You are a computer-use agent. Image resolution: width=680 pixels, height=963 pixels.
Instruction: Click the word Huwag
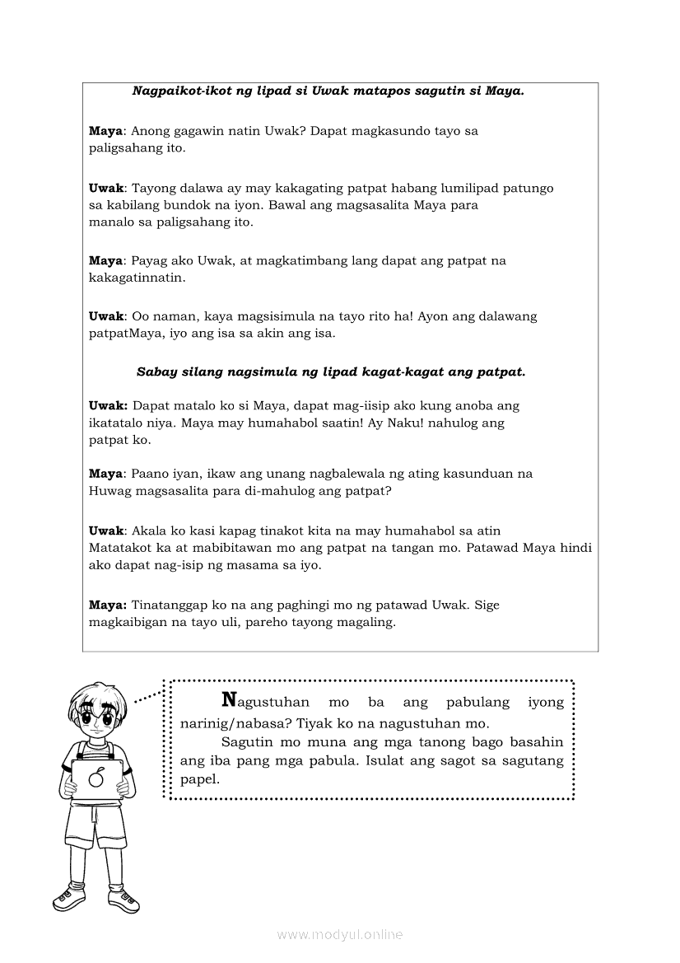(109, 491)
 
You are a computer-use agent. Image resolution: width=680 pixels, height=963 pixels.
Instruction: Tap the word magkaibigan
(128, 623)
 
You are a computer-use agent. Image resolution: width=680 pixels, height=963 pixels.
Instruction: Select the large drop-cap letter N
(230, 700)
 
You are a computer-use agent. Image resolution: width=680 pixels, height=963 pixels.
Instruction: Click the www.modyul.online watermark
(339, 935)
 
